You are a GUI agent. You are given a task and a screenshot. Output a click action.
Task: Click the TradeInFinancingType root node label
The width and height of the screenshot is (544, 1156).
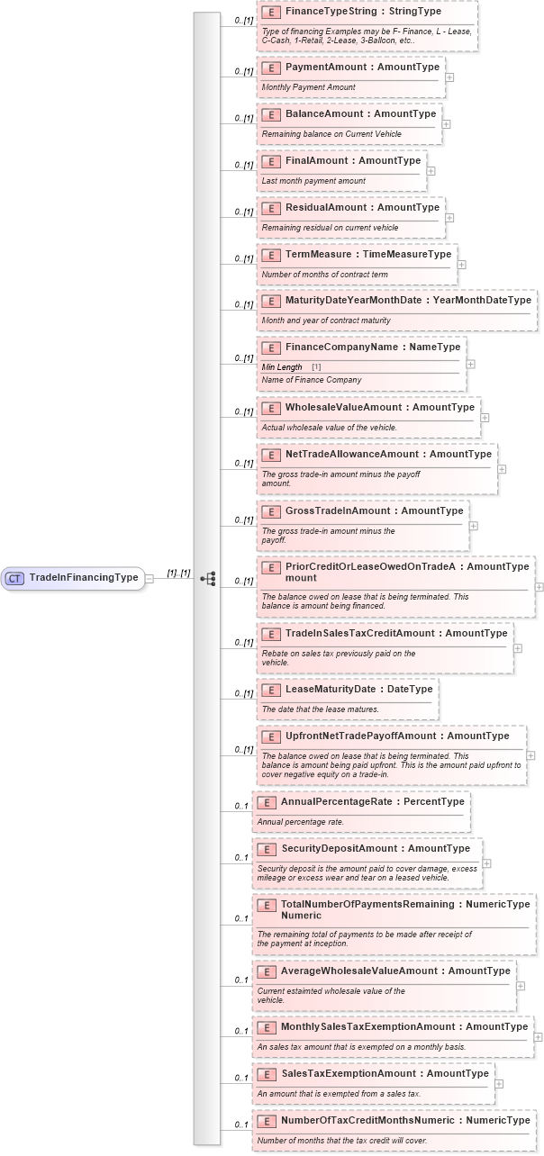click(84, 578)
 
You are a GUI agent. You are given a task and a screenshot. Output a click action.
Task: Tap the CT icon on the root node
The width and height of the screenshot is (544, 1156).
click(14, 578)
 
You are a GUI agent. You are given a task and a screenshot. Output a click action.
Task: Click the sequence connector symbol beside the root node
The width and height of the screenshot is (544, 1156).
click(208, 578)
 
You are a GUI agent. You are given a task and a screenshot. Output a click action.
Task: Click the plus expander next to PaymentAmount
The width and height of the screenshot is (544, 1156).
click(449, 77)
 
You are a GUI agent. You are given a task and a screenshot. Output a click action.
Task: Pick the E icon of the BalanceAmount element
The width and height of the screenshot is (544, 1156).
click(270, 114)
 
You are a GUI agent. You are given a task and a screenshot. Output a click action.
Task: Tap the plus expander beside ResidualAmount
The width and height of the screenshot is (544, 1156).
click(449, 218)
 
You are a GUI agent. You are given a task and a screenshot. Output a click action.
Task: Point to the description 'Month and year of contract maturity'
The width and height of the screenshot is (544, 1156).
click(326, 321)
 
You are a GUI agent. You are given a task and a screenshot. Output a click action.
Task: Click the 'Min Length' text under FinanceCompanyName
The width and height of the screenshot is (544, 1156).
click(282, 367)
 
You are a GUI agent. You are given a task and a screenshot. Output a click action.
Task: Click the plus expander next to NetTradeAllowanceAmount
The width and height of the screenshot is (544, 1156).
click(503, 469)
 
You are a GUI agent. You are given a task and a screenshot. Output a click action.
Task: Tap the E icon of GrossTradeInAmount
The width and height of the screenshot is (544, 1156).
click(270, 511)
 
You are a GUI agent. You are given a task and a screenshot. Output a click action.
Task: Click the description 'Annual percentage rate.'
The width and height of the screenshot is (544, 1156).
click(301, 822)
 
